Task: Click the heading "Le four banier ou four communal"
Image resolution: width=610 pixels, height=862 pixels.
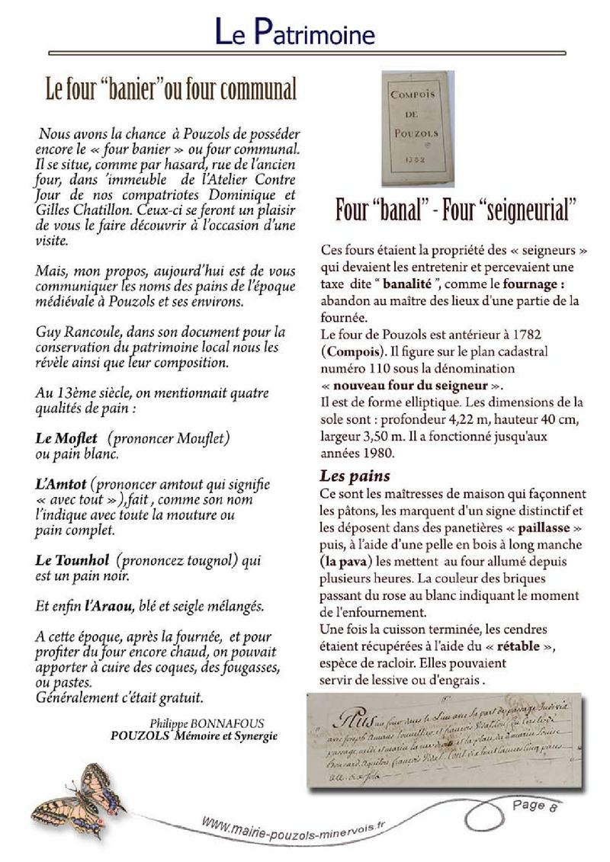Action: tap(171, 90)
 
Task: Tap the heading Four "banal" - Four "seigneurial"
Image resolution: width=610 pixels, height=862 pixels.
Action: tap(455, 210)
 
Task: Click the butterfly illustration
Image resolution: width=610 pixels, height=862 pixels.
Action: tap(80, 793)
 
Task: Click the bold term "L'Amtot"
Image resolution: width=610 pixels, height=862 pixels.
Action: tap(61, 485)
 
